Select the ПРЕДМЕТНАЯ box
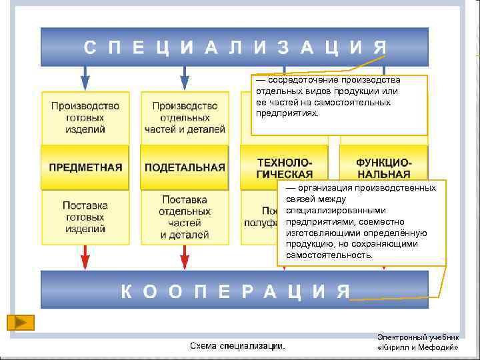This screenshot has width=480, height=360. (85, 167)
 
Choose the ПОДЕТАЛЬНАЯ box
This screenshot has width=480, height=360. (185, 167)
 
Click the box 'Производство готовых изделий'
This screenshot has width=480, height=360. (85, 117)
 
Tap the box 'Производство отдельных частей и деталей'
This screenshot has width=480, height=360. (185, 117)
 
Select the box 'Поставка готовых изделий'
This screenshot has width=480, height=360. (85, 217)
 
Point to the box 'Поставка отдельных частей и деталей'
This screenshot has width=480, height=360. (185, 217)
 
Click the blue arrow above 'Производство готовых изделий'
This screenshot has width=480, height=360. (85, 77)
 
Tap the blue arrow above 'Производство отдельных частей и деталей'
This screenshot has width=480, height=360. (185, 77)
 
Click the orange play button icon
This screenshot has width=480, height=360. (21, 322)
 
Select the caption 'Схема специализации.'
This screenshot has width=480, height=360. (237, 346)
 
